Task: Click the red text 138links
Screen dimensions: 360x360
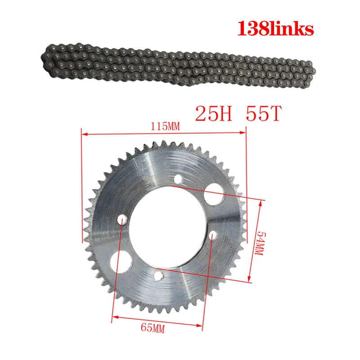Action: (275, 29)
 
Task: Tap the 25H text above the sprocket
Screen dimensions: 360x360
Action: (213, 113)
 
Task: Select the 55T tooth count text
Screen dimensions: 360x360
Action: (263, 113)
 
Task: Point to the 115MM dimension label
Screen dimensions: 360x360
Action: (165, 126)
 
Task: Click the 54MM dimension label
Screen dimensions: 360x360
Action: (260, 243)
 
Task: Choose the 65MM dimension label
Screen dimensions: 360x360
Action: (153, 328)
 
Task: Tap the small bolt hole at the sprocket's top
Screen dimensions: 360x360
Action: (178, 179)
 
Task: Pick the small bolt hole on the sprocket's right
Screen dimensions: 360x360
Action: (213, 235)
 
